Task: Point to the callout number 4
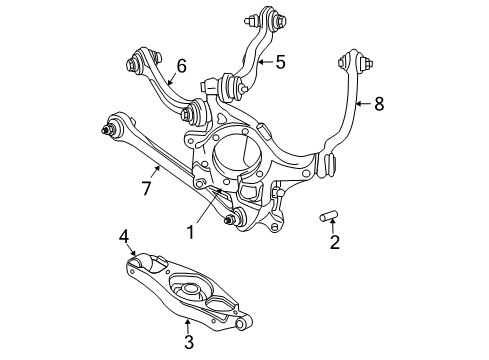(x=124, y=237)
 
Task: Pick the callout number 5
(x=280, y=62)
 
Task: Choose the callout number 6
(x=181, y=66)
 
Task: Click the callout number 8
(x=378, y=102)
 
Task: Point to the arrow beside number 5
(x=264, y=62)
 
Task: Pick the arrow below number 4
(x=131, y=252)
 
